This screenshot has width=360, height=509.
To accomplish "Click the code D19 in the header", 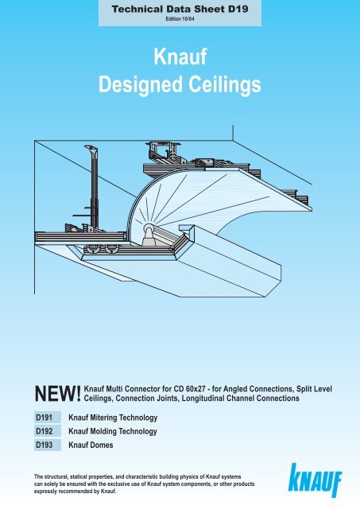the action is (x=238, y=9).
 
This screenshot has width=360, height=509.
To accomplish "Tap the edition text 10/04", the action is (x=188, y=19).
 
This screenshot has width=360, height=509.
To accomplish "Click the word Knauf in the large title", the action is (x=180, y=56).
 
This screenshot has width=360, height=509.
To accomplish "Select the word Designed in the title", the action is (x=141, y=85).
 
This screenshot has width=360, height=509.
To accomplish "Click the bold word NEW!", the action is (x=58, y=394).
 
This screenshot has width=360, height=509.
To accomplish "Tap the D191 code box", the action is (x=48, y=418).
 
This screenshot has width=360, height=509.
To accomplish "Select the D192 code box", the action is (x=48, y=431).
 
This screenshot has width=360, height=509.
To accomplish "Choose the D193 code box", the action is (x=48, y=445).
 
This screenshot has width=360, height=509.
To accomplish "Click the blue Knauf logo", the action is (x=315, y=480).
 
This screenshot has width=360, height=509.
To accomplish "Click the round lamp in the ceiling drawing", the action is (x=149, y=227).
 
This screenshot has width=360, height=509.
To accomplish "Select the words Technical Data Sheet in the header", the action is (x=168, y=9).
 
